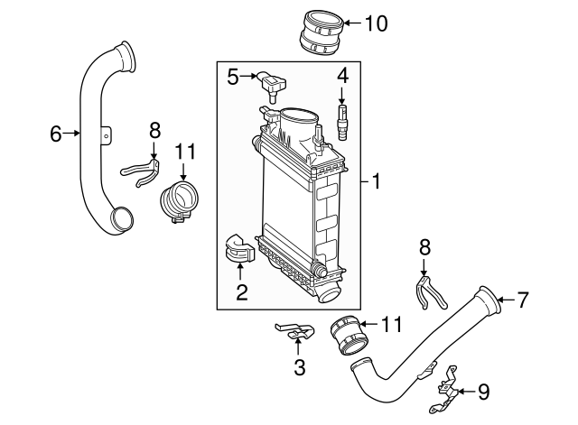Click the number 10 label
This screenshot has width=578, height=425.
coord(375,23)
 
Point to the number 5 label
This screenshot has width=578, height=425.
coord(232,76)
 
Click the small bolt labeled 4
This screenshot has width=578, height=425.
coord(342,121)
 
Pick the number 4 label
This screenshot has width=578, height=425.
coord(343,74)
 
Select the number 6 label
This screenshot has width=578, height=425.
coord(56,134)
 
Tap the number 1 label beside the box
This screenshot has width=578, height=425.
coord(377,182)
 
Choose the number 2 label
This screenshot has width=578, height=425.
coord(241,291)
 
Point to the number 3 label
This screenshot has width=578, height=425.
coord(300,367)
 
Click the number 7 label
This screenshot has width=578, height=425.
coord(521,300)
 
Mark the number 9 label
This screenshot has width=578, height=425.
coord(483,392)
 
